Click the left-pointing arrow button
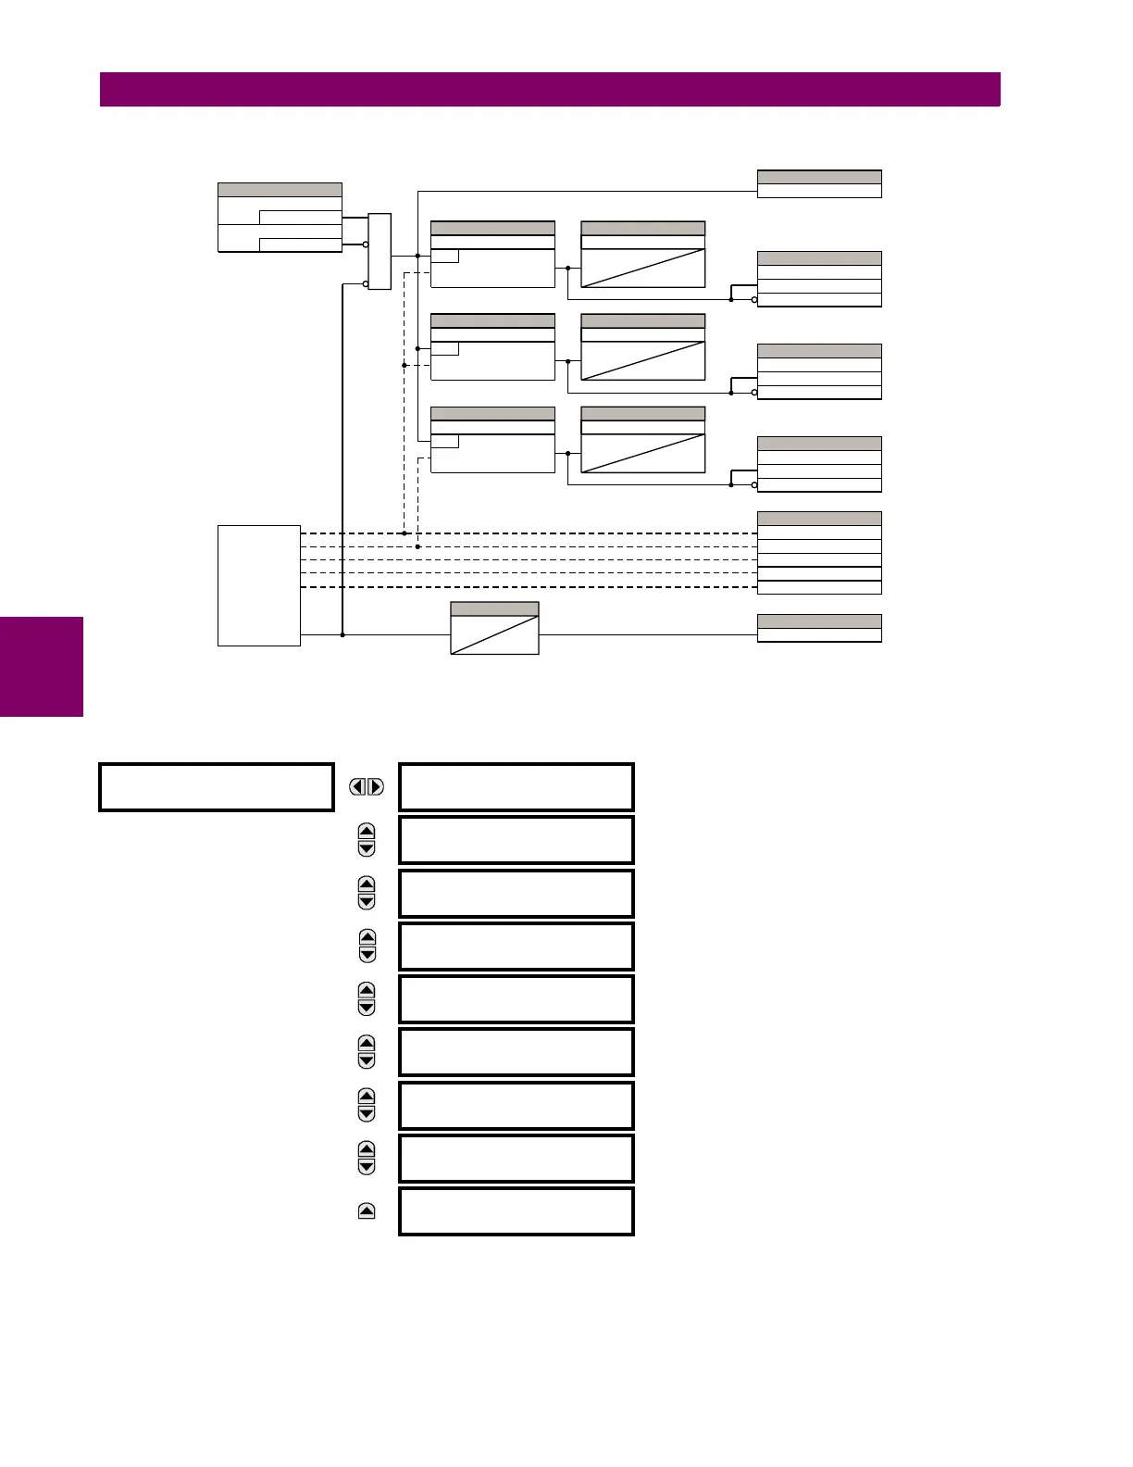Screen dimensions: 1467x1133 (x=358, y=787)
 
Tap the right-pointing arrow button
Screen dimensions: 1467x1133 (x=375, y=787)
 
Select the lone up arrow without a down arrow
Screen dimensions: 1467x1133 (x=367, y=1211)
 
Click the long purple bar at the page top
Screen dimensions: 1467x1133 (x=550, y=90)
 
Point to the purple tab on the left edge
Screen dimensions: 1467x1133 (x=42, y=667)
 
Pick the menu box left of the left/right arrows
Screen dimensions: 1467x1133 (x=216, y=787)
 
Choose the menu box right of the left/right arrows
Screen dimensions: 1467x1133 (x=516, y=787)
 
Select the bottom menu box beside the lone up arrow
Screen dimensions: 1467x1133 (x=516, y=1211)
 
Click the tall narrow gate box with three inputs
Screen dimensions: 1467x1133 (x=380, y=252)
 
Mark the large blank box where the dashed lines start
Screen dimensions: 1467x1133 (x=259, y=585)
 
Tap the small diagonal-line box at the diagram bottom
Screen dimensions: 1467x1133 (x=494, y=629)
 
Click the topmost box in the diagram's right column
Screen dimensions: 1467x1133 (x=819, y=184)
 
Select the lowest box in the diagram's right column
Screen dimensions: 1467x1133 (x=819, y=628)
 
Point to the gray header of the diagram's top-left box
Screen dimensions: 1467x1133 (x=280, y=190)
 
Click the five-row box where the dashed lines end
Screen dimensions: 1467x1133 (x=819, y=553)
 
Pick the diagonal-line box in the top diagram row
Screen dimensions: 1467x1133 (x=642, y=255)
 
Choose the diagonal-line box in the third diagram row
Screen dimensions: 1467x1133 (x=642, y=440)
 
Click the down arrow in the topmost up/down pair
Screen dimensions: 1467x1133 (x=367, y=848)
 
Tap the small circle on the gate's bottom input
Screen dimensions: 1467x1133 (x=367, y=284)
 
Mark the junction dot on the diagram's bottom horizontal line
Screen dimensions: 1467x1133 (x=342, y=634)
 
